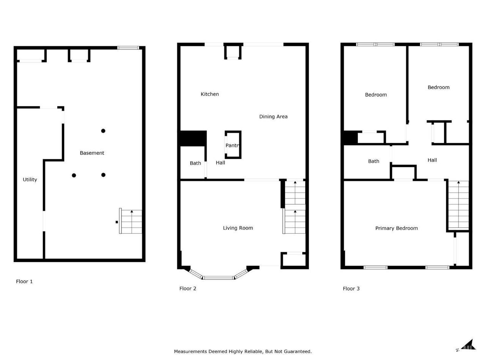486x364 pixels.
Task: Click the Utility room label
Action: pyautogui.click(x=30, y=179)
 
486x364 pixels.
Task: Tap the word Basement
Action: pyautogui.click(x=92, y=153)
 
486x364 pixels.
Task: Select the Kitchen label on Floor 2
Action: pyautogui.click(x=210, y=94)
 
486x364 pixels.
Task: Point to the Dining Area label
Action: pyautogui.click(x=273, y=117)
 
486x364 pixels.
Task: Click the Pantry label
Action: pyautogui.click(x=232, y=146)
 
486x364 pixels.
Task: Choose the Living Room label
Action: pyautogui.click(x=238, y=228)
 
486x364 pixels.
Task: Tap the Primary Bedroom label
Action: pyautogui.click(x=396, y=228)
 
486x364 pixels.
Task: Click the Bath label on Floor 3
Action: pyautogui.click(x=374, y=162)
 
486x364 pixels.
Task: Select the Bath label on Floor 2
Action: pyautogui.click(x=195, y=163)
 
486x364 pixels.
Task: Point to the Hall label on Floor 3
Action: pyautogui.click(x=432, y=160)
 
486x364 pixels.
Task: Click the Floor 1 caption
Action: pyautogui.click(x=24, y=282)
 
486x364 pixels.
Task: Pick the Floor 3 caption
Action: pyautogui.click(x=351, y=289)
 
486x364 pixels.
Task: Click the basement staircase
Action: pyautogui.click(x=131, y=221)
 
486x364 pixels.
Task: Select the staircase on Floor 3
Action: pyautogui.click(x=459, y=205)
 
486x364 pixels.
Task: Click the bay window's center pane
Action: pyautogui.click(x=219, y=278)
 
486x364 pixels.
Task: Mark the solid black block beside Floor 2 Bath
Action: pyautogui.click(x=193, y=138)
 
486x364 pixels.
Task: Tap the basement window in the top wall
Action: pyautogui.click(x=128, y=48)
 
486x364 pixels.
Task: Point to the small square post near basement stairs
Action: pyautogui.click(x=117, y=222)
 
